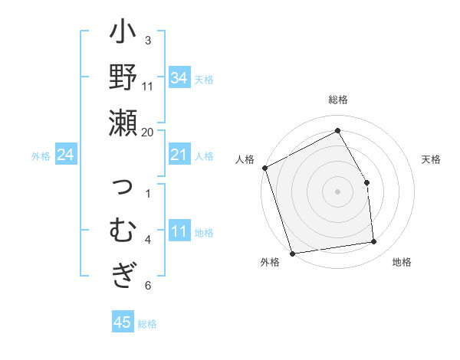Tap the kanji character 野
(123, 80)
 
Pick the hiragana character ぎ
(123, 274)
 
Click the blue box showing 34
(179, 78)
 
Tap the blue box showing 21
(179, 155)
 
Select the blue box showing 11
(179, 232)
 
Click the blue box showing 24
(66, 155)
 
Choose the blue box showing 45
(123, 322)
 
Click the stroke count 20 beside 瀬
(148, 131)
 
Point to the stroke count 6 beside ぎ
(148, 286)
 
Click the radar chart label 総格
(337, 100)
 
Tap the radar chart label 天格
(431, 159)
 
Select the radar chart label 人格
(245, 159)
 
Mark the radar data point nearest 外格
(292, 253)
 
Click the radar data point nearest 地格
(374, 242)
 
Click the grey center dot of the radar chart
(337, 191)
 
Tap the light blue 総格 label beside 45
(147, 324)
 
